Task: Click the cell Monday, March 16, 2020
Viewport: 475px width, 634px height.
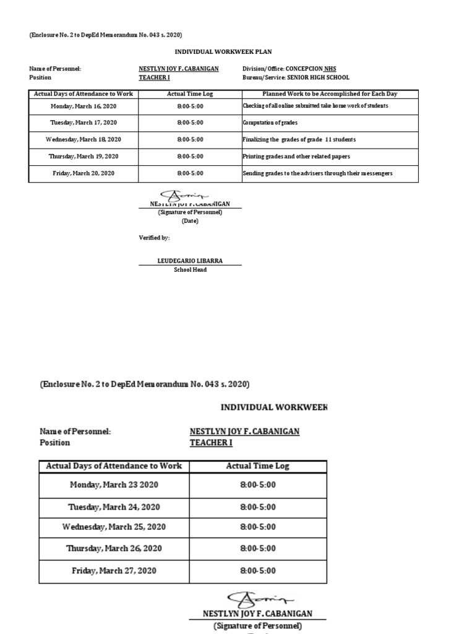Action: [83, 106]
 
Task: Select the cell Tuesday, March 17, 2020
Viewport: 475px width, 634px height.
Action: [83, 123]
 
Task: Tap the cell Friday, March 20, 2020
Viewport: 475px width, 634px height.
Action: [83, 173]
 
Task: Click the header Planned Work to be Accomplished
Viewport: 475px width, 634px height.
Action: [330, 94]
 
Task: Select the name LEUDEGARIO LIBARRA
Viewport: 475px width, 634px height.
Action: [190, 261]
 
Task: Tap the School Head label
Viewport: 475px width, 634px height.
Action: [190, 270]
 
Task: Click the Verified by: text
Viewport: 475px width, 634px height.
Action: [153, 238]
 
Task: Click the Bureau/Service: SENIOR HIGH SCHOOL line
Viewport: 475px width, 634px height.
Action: [296, 77]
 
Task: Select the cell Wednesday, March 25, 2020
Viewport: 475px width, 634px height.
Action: [114, 527]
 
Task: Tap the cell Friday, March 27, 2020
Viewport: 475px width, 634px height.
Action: [114, 570]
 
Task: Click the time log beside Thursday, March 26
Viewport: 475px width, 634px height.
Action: [257, 549]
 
